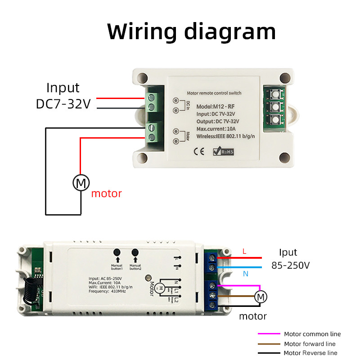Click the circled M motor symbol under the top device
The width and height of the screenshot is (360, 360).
(81, 183)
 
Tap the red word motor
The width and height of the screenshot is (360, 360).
(107, 194)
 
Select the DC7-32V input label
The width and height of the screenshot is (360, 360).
(63, 104)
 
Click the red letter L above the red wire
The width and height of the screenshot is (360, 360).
(244, 252)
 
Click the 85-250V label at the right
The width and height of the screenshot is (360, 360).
(291, 265)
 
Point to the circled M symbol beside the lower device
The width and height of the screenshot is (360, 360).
(261, 297)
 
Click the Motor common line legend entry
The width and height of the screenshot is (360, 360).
(312, 334)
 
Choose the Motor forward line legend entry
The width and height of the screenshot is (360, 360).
(310, 344)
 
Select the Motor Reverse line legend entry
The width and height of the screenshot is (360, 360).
(310, 353)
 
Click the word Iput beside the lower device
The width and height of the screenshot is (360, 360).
(288, 252)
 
